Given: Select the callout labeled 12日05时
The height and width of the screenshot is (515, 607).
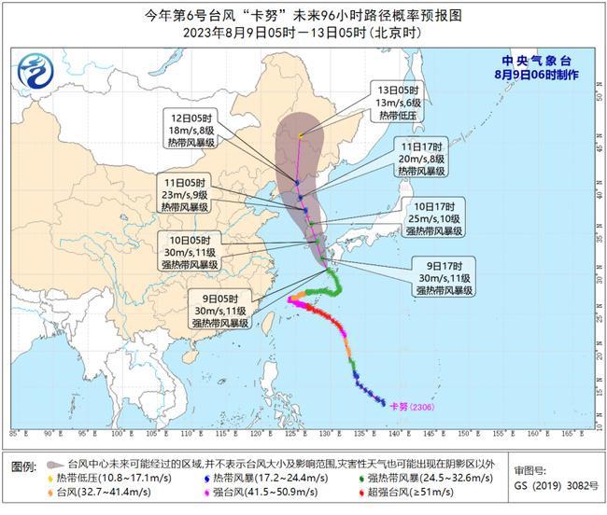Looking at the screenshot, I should pos(188,131).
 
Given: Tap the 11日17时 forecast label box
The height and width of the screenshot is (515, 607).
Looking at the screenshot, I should pos(422,158).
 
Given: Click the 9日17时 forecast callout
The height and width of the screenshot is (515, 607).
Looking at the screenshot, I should pos(442,277).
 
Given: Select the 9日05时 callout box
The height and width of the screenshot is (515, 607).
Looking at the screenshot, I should pos(220,311).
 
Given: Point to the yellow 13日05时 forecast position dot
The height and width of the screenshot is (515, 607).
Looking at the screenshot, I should pos(300,136).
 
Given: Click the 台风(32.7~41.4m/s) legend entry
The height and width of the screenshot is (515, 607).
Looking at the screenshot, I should pos(98,493).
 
